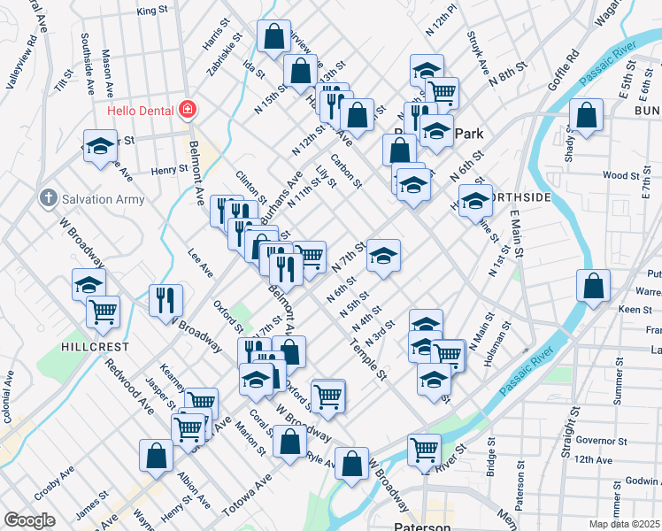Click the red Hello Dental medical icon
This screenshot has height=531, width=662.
coord(187,111)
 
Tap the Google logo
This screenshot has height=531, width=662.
coord(29,519)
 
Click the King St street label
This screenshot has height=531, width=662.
coord(152,11)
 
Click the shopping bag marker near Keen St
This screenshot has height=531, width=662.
coord(593,285)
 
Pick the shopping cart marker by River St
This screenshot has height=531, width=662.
coord(424,450)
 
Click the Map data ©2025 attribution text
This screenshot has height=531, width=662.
coord(624,523)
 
